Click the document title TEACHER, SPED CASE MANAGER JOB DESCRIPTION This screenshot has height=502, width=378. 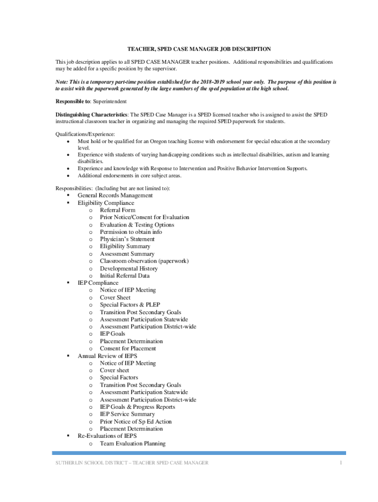point(199,50)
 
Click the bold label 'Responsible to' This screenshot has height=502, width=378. point(72,101)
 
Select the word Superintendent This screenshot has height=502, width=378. point(110,101)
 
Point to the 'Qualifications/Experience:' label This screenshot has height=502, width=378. point(85,134)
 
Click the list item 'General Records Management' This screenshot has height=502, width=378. point(115,196)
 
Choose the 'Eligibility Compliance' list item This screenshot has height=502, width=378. point(106,203)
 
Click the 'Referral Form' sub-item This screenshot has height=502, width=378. point(117,210)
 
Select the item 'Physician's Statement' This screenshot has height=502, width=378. point(127,239)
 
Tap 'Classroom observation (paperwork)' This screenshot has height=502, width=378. point(144,261)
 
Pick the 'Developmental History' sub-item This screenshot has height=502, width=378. point(129,269)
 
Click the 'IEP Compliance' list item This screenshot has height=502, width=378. point(98,283)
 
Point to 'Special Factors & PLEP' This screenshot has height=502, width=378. point(130,305)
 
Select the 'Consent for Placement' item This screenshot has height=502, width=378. point(128,349)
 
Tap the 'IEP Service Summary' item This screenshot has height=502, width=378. point(127,414)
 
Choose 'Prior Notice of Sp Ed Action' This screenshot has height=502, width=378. point(135,422)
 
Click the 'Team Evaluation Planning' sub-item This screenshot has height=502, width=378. point(133,444)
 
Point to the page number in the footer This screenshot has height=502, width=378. point(340,463)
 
